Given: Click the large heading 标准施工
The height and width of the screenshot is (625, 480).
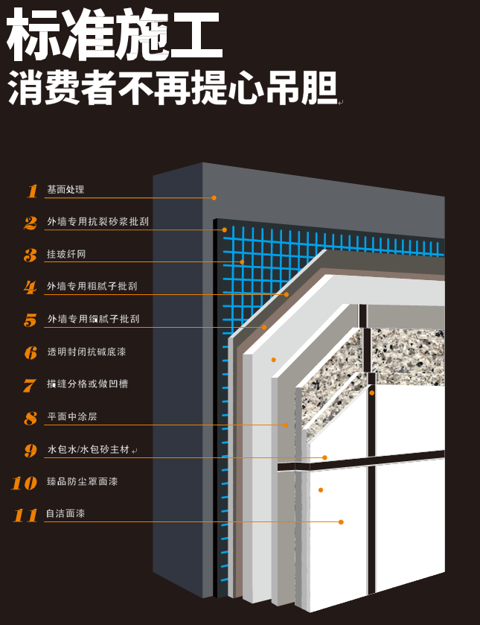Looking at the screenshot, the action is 114,34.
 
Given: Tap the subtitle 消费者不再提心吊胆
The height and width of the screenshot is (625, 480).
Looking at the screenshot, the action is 173,88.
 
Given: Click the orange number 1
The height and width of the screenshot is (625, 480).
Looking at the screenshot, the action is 33,191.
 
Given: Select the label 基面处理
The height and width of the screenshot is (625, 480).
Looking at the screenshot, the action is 65,189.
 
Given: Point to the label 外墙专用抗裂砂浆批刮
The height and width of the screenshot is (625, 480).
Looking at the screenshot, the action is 98,222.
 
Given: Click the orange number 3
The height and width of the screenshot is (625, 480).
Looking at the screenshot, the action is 31,255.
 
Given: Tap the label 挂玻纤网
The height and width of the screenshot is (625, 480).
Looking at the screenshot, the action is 66,254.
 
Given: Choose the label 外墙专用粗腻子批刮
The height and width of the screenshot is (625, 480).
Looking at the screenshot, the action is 92,286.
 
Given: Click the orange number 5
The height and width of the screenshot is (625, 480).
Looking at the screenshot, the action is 31,320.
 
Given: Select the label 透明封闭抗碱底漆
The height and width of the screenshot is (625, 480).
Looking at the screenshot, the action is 86,352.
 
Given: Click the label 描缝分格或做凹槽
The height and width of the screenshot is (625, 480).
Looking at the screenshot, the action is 87,384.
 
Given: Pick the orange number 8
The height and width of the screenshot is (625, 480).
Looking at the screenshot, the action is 31,418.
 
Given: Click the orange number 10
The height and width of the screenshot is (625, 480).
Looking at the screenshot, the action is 25,483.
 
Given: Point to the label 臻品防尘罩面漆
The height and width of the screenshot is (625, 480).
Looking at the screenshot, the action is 83,481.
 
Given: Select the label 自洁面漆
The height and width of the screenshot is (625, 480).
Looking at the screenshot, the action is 65,513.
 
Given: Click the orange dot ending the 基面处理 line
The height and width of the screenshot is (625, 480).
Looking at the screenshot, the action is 214,197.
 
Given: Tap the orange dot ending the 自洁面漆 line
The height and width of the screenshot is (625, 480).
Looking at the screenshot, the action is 341,522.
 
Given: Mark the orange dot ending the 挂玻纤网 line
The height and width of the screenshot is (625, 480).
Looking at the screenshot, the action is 242,262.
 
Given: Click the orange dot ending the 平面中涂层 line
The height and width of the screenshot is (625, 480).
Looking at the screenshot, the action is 286,425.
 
